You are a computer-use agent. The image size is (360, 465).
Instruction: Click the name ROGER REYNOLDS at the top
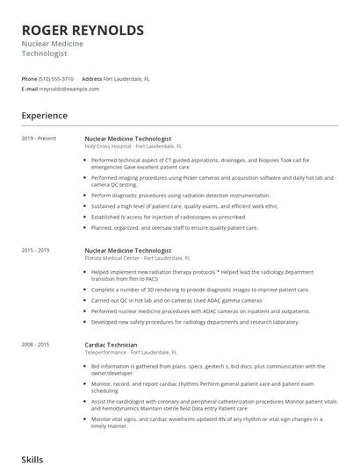[83, 30]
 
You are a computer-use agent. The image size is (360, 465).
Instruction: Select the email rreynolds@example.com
[69, 89]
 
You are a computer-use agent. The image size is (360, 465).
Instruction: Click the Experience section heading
[45, 115]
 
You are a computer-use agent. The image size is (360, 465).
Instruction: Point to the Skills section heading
[33, 459]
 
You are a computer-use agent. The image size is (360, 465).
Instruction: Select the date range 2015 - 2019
[35, 250]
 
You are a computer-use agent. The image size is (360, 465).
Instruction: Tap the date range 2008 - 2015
[35, 345]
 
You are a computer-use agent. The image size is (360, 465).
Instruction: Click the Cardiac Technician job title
[111, 345]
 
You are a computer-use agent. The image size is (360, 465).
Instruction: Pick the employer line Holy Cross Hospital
[133, 147]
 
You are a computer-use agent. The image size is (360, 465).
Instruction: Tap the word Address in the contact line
[91, 78]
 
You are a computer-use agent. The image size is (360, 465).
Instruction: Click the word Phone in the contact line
[29, 78]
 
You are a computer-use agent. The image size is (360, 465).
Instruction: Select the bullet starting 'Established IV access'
[169, 217]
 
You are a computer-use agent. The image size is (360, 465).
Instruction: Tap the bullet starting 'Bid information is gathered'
[211, 369]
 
